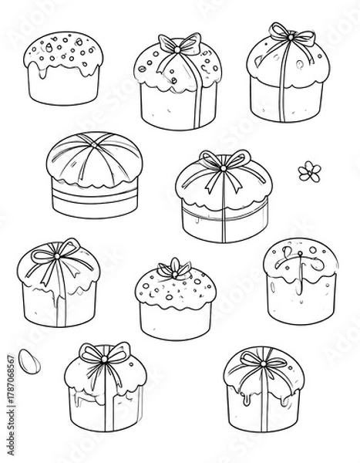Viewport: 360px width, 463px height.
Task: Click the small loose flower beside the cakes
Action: click(309, 171)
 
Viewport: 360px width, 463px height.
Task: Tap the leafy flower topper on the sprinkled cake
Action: click(176, 269)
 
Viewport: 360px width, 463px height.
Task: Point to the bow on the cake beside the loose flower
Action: click(221, 163)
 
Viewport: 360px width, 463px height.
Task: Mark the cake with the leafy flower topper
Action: click(176, 301)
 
